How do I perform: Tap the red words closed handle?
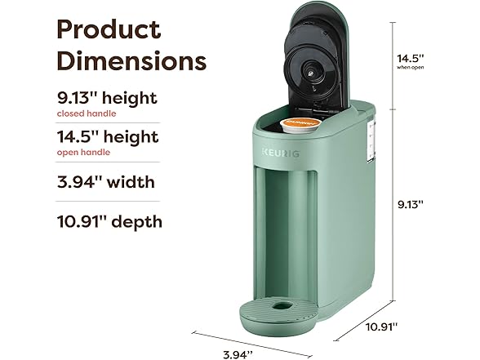click(x=86, y=113)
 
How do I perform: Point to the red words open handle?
click(x=83, y=152)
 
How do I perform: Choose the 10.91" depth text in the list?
click(x=109, y=221)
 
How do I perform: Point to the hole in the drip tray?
click(x=282, y=306)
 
